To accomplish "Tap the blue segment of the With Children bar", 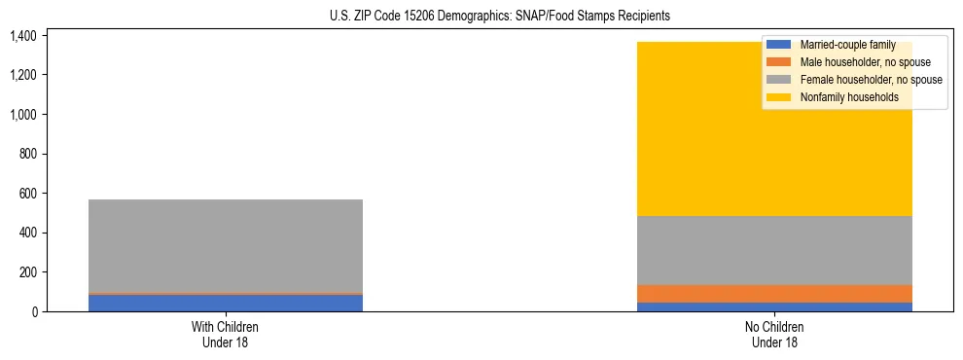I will tap(226, 303).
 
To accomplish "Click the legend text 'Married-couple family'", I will tap(847, 45).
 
